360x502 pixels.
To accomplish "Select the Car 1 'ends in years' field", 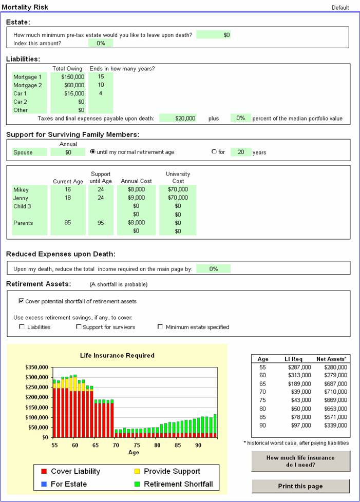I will pyautogui.click(x=101, y=93).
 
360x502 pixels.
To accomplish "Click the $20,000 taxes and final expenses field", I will pyautogui.click(x=178, y=118).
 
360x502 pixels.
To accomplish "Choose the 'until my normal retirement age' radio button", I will pyautogui.click(x=93, y=152).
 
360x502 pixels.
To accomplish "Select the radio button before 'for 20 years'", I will pyautogui.click(x=214, y=152).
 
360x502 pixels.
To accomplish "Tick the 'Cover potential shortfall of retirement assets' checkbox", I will pyautogui.click(x=21, y=301).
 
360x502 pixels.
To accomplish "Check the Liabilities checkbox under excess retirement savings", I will pyautogui.click(x=21, y=327).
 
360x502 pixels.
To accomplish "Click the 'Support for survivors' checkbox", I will pyautogui.click(x=79, y=327).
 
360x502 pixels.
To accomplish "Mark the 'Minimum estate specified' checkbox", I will pyautogui.click(x=160, y=327).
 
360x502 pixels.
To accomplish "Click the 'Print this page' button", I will pyautogui.click(x=300, y=486).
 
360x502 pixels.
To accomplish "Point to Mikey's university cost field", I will pyautogui.click(x=178, y=190).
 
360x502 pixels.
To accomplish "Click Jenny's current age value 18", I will pyautogui.click(x=68, y=198).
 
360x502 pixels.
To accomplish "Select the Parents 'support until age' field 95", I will pyautogui.click(x=101, y=223).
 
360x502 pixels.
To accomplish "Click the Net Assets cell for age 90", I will pyautogui.click(x=332, y=426).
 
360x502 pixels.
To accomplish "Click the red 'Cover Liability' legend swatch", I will pyautogui.click(x=44, y=471).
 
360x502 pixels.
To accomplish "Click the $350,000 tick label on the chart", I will pyautogui.click(x=37, y=368).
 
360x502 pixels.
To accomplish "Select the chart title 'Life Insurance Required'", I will pyautogui.click(x=117, y=355).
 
